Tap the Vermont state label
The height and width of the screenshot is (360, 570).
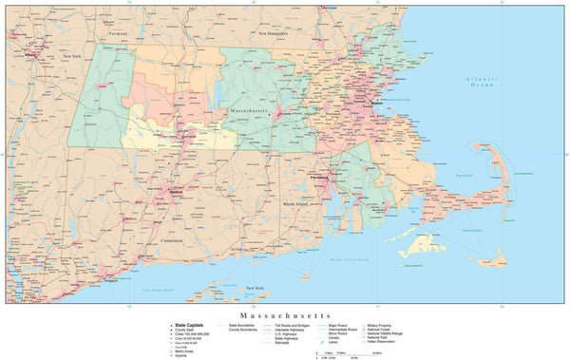(118, 32)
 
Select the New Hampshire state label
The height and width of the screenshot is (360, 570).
(275, 33)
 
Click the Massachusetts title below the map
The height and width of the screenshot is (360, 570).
(284, 313)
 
